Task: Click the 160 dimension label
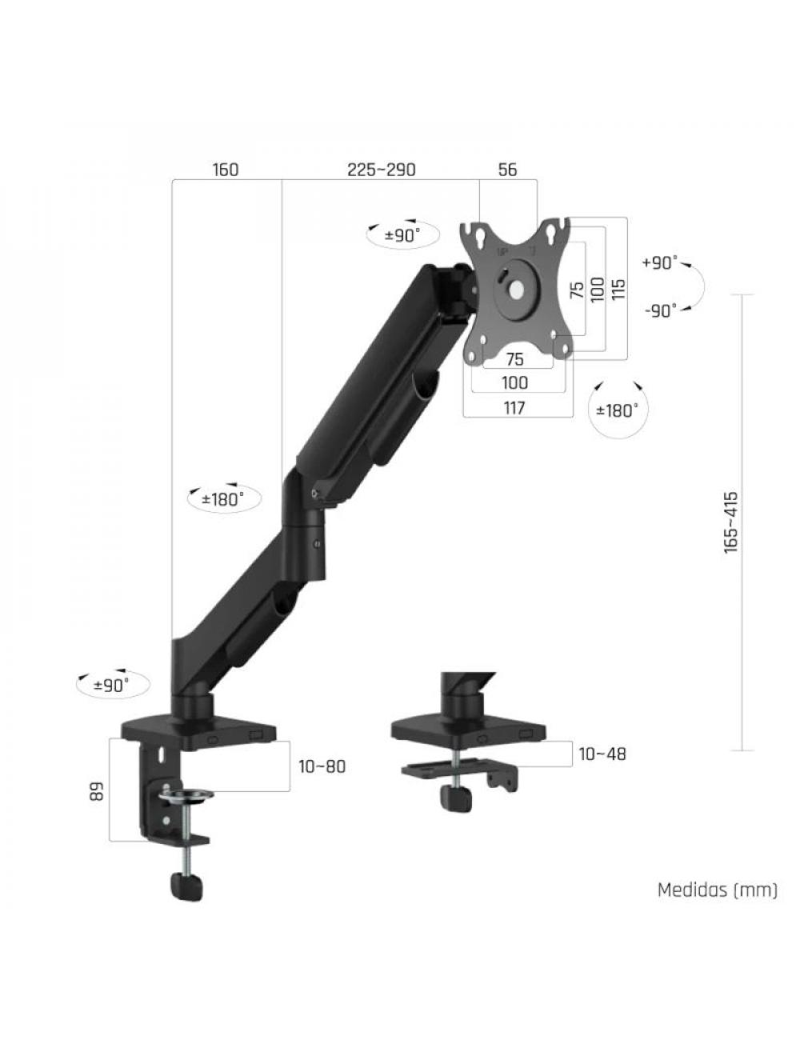226,170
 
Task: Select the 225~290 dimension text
381,170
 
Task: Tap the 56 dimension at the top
507,170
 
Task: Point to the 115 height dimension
618,289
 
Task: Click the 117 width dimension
514,408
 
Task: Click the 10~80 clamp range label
322,766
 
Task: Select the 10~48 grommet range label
602,754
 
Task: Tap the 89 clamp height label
96,792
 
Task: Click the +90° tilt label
659,263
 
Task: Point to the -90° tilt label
659,310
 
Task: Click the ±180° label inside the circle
618,410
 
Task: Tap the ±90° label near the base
110,685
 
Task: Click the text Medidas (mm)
717,890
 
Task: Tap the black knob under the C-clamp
186,886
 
